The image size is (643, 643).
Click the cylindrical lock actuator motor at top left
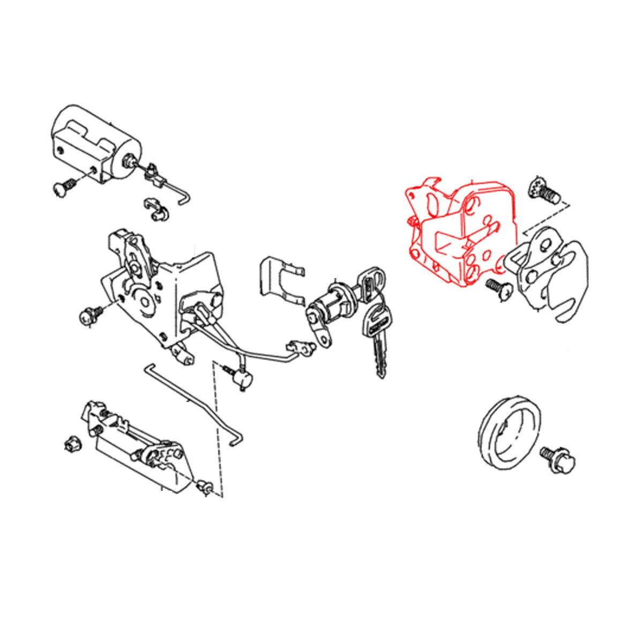96,142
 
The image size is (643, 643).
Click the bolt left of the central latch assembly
89,315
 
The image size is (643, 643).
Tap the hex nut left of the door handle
71,444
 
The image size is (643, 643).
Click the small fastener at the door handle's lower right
205,486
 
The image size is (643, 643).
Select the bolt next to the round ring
560,458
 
